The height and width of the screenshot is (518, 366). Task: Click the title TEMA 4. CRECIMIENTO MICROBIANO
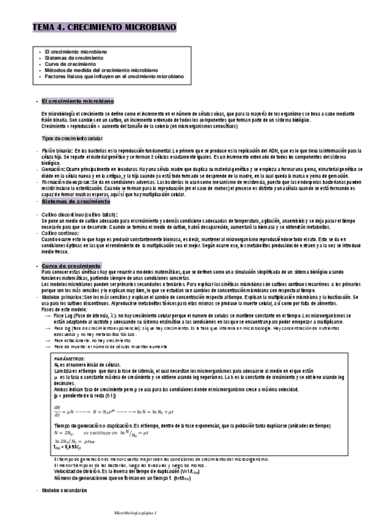pos(104,29)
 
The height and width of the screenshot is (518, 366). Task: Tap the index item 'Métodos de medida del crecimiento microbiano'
pos(101,70)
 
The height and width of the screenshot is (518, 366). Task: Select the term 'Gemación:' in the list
pos(54,167)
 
